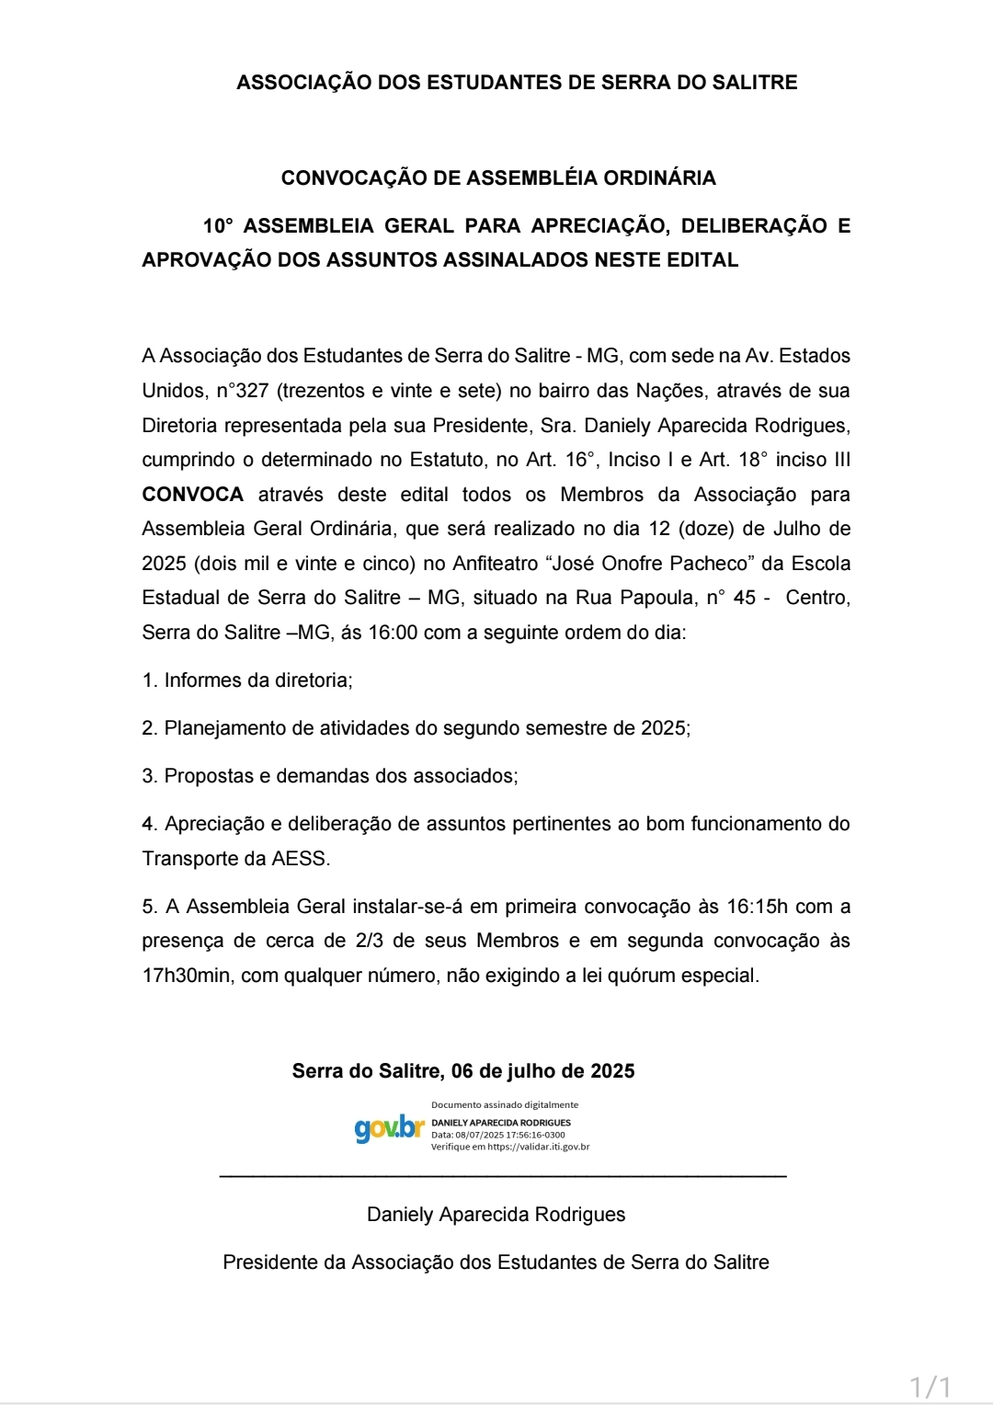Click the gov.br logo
pos(389,1127)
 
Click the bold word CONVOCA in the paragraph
pos(192,495)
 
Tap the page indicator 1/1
pos(930,1386)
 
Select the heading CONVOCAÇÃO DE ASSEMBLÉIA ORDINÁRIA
pos(498,178)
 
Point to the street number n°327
pos(243,391)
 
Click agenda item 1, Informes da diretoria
pos(247,680)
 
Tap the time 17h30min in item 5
pos(187,976)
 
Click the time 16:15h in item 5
pos(757,907)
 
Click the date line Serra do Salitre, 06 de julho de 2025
pos(463,1071)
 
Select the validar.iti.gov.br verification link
pos(538,1147)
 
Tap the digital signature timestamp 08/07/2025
pos(478,1135)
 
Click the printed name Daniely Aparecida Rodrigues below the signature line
pos(496,1215)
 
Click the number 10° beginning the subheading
pos(218,226)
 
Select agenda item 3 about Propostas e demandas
pos(330,776)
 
